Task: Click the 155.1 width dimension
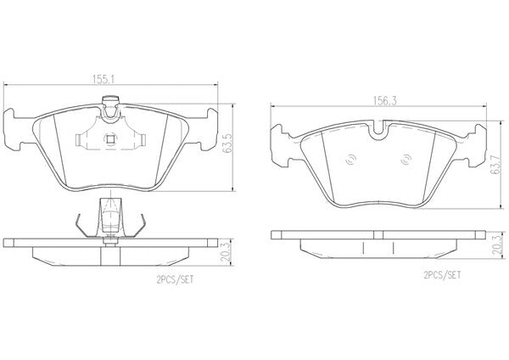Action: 103,80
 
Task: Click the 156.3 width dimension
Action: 384,101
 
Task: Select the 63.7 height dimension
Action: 496,165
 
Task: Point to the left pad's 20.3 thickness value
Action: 226,252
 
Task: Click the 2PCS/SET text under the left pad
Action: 175,279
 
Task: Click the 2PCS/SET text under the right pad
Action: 442,275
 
